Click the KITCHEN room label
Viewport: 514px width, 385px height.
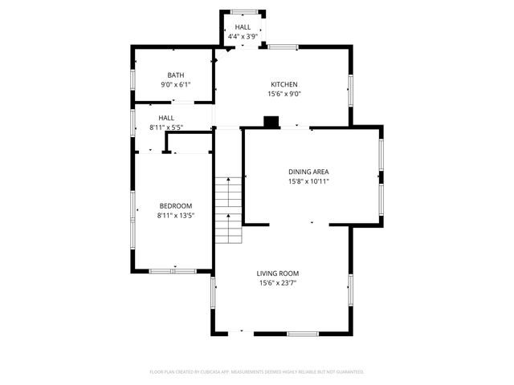(284, 84)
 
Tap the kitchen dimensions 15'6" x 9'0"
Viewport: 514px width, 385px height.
(284, 94)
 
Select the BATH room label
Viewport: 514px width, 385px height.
(175, 75)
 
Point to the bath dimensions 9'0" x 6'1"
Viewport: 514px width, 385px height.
(175, 85)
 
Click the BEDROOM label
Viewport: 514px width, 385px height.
(175, 206)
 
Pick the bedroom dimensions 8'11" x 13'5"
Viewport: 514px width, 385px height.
(175, 216)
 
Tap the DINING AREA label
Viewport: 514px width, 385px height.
(309, 172)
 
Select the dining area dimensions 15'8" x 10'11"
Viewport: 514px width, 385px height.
(309, 181)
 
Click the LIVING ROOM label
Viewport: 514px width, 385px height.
(278, 274)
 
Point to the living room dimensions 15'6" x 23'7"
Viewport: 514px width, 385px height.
(278, 283)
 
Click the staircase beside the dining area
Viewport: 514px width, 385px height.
(228, 210)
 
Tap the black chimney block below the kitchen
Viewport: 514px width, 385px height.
(271, 123)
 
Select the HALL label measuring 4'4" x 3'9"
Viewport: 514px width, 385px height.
(243, 27)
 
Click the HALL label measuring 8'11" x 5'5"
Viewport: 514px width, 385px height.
(166, 118)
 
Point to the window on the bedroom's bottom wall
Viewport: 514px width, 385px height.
(173, 271)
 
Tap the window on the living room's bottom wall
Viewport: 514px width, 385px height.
(303, 333)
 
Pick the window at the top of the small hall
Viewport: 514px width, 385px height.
(244, 11)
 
